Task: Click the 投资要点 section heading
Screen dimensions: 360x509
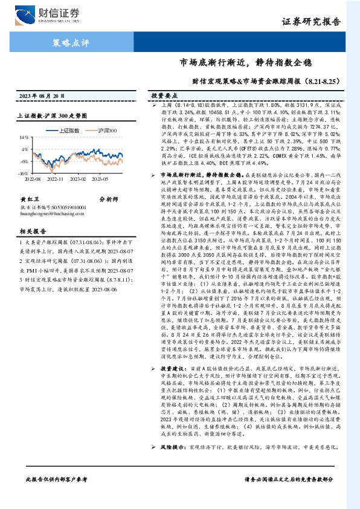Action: point(164,96)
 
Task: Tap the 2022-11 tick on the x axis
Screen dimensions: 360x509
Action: point(55,179)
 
